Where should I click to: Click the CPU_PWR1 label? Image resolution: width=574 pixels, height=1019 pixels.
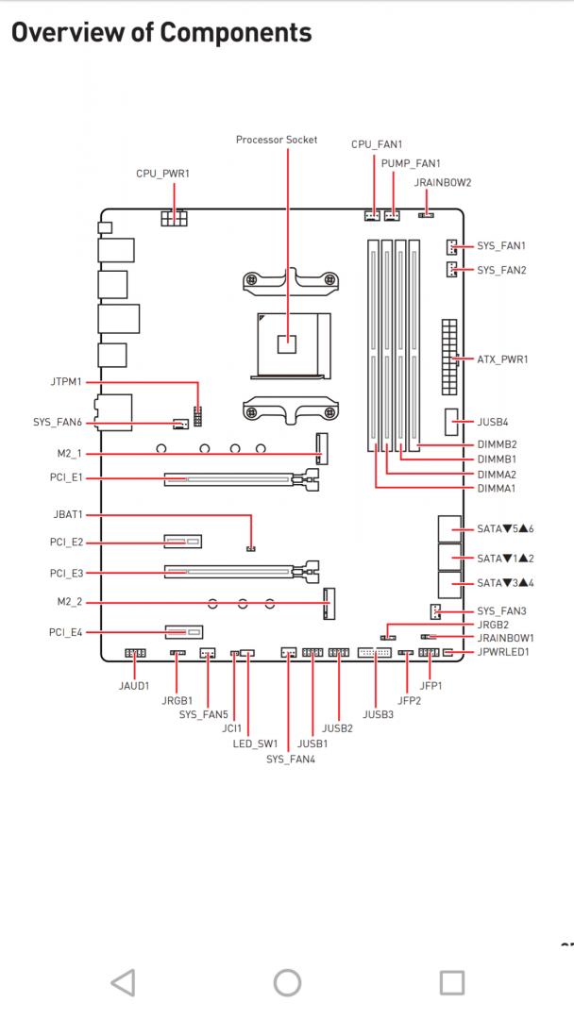pyautogui.click(x=162, y=174)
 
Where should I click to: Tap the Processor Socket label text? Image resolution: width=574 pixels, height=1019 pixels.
pyautogui.click(x=277, y=140)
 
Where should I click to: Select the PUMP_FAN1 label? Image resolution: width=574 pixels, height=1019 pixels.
pyautogui.click(x=411, y=163)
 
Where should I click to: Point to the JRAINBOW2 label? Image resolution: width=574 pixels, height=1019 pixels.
pyautogui.click(x=443, y=183)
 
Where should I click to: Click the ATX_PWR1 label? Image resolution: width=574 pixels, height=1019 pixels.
pyautogui.click(x=502, y=359)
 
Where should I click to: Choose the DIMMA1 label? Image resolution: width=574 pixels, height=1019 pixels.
pyautogui.click(x=497, y=488)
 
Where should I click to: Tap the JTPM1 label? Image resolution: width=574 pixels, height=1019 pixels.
pyautogui.click(x=66, y=381)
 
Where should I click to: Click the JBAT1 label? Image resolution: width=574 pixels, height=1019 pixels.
pyautogui.click(x=68, y=515)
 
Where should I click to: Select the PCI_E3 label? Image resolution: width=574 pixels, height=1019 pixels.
pyautogui.click(x=66, y=574)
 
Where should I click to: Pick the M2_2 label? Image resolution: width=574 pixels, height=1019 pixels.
pyautogui.click(x=70, y=602)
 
